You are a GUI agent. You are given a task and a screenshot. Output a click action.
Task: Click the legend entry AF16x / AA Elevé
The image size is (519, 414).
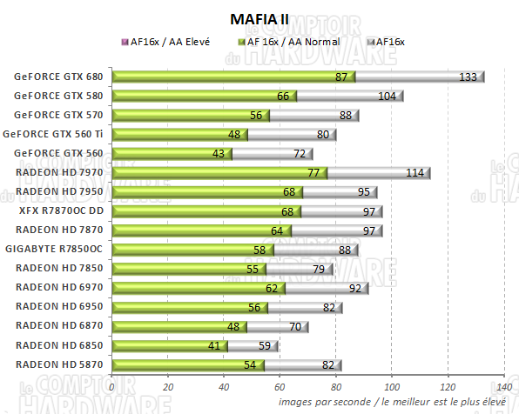click(170, 41)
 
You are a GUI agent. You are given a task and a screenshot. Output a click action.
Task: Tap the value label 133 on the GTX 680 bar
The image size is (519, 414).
click(468, 77)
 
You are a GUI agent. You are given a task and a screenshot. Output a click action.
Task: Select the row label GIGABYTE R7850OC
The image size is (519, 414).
click(60, 249)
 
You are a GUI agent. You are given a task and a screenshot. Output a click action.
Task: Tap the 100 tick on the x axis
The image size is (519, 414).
click(392, 386)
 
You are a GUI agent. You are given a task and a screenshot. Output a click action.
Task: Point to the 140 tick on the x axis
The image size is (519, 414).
click(503, 386)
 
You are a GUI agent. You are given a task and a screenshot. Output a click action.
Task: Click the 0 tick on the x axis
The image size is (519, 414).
click(112, 386)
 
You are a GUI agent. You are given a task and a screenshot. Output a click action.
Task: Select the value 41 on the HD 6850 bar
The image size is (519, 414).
click(215, 345)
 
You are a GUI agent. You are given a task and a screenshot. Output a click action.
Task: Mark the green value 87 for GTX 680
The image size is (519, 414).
click(342, 77)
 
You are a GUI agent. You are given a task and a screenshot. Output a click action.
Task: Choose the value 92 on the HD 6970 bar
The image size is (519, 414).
click(355, 288)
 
